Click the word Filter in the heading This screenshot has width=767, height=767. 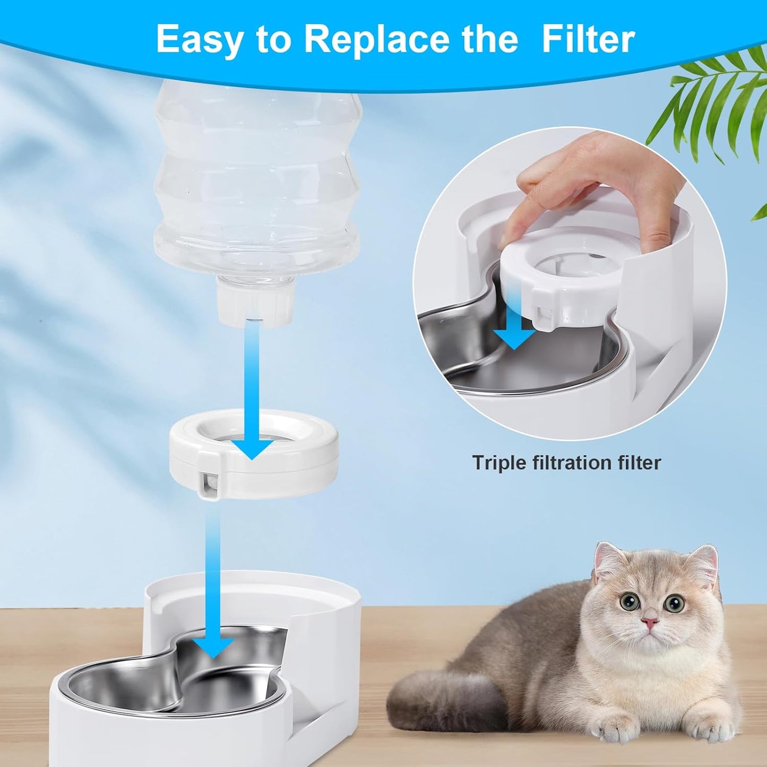pyautogui.click(x=588, y=39)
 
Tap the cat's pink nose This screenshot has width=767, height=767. pyautogui.click(x=650, y=622)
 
